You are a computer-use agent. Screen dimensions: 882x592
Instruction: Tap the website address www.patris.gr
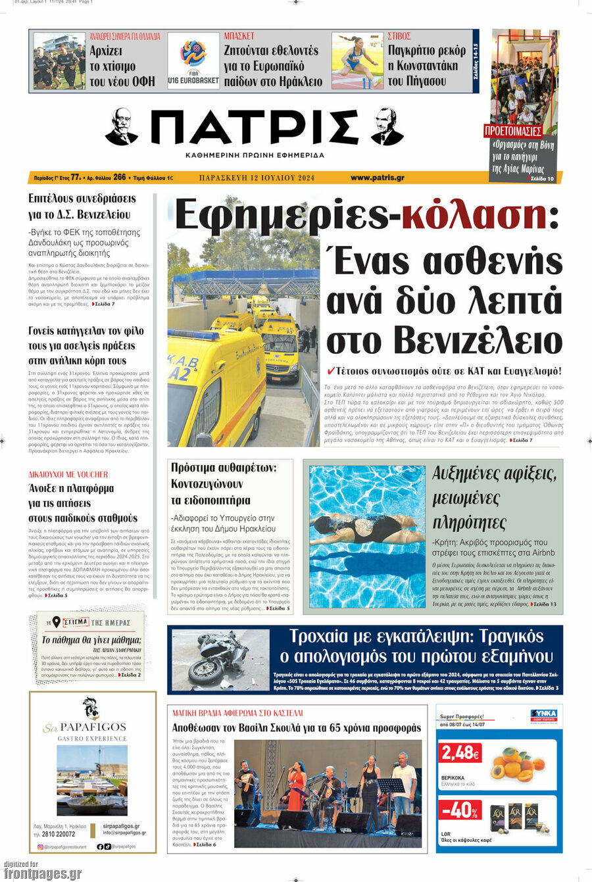pyautogui.click(x=377, y=178)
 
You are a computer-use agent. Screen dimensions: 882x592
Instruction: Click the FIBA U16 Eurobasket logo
pyautogui.click(x=193, y=60)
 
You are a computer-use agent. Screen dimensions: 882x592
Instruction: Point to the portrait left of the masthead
pyautogui.click(x=122, y=127)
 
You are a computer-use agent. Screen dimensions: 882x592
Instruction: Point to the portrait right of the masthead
pyautogui.click(x=387, y=127)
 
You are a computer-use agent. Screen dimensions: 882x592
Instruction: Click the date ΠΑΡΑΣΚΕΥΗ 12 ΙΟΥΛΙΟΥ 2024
pyautogui.click(x=257, y=178)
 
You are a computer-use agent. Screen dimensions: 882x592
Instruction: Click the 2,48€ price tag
pyautogui.click(x=460, y=752)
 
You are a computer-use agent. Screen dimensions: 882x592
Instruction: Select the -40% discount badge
pyautogui.click(x=460, y=810)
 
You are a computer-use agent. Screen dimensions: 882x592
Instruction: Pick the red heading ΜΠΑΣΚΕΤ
pyautogui.click(x=239, y=36)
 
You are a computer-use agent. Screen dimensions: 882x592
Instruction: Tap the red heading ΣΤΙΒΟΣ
pyautogui.click(x=399, y=36)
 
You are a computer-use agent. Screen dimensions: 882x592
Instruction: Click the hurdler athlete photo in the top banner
pyautogui.click(x=357, y=61)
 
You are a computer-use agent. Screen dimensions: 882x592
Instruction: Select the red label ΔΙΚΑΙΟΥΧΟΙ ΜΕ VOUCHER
pyautogui.click(x=68, y=474)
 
